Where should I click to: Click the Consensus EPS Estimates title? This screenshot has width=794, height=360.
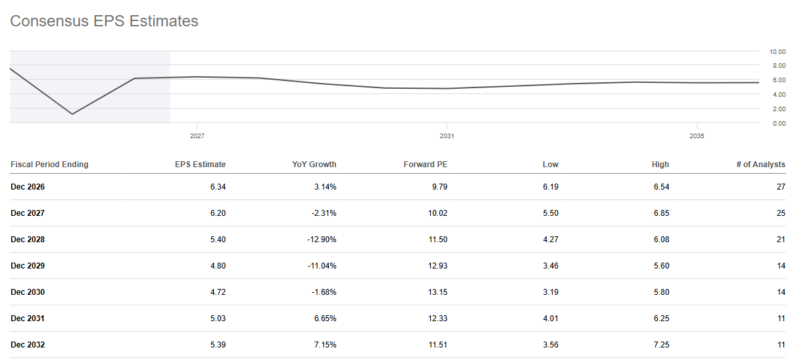point(104,21)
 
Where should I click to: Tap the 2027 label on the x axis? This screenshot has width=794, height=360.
point(197,136)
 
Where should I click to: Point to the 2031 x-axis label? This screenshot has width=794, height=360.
point(447,136)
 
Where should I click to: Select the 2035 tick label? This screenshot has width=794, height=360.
point(697,136)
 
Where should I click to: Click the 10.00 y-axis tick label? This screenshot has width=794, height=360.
point(778,52)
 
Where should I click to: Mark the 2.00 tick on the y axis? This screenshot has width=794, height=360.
point(779,109)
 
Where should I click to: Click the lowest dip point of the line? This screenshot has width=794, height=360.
point(72,114)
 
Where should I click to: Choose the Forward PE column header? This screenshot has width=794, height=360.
point(426,165)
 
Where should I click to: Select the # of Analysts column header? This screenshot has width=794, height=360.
point(760,165)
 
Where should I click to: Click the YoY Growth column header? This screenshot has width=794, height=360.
point(314,165)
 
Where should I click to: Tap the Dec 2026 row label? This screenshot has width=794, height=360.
point(28,186)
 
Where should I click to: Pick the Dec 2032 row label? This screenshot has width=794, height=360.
point(28,344)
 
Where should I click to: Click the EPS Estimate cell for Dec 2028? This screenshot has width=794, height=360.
point(218,240)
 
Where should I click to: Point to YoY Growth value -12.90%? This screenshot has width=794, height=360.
point(322,240)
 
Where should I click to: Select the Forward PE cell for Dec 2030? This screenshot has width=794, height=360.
point(437,292)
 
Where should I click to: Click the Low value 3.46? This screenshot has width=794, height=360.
point(551,266)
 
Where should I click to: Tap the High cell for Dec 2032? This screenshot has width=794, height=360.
point(661,344)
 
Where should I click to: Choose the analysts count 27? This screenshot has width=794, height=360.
point(781,186)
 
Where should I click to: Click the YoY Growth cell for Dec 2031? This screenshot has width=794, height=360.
point(325,318)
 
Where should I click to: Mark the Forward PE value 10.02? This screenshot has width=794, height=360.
point(437,213)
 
